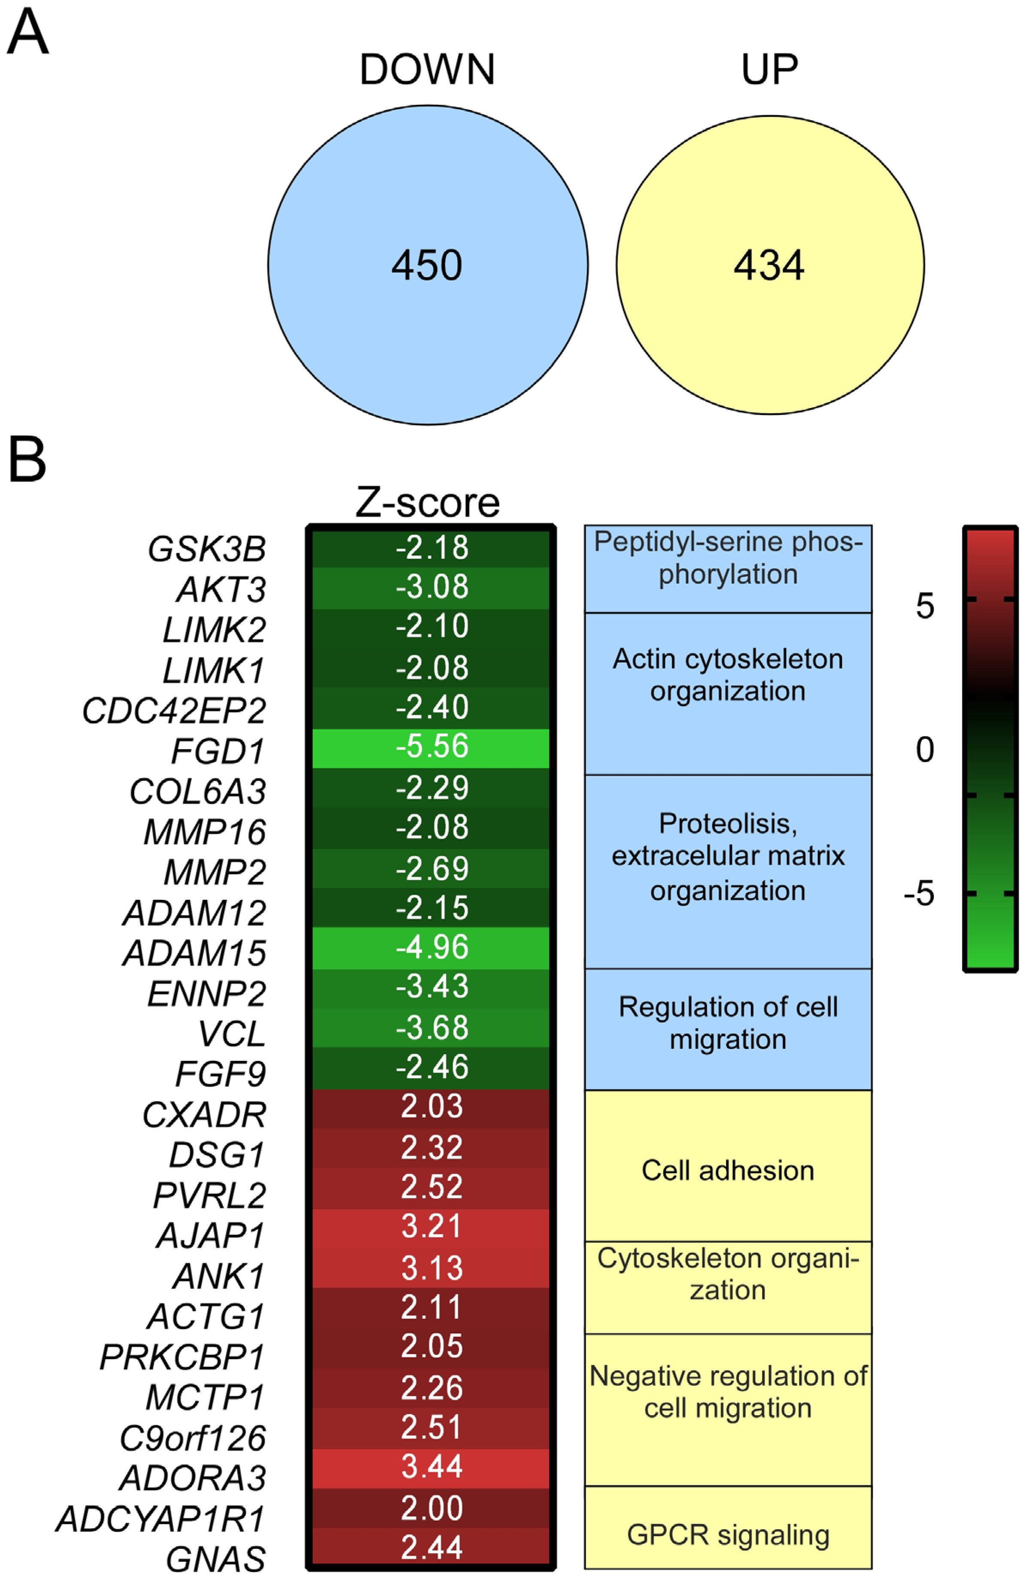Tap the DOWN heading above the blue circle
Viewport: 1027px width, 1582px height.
pyautogui.click(x=427, y=69)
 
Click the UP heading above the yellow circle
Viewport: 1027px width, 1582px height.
pyautogui.click(x=769, y=69)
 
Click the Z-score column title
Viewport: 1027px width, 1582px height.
pyautogui.click(x=427, y=503)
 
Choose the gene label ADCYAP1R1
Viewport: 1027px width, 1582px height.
pyautogui.click(x=161, y=1520)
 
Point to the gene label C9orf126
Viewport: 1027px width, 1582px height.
pyautogui.click(x=193, y=1439)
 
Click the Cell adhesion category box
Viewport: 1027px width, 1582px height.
pyautogui.click(x=728, y=1170)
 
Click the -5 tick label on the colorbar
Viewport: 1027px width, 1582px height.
pyautogui.click(x=919, y=894)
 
